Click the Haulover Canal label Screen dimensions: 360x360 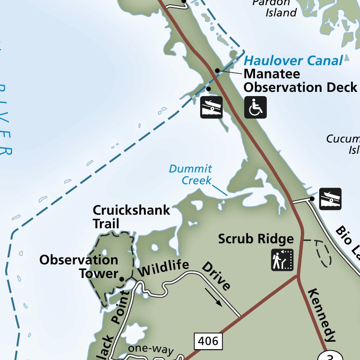pos(293,60)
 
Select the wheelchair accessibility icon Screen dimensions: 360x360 pos(255,107)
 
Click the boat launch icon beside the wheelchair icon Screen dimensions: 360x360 pos(211,107)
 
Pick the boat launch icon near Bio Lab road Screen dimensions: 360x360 pos(330,199)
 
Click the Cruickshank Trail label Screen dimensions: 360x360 pos(131,217)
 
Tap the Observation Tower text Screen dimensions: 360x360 pos(79,267)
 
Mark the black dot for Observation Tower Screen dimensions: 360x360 pos(122,279)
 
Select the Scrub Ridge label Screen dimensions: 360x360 pos(256,239)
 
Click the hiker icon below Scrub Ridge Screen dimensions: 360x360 pos(282,260)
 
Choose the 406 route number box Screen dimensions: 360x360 pos(208,341)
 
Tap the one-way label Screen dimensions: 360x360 pos(151,350)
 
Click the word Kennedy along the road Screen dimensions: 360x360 pos(322,314)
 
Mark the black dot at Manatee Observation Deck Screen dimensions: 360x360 pos(217,70)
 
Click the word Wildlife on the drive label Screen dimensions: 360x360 pos(164,269)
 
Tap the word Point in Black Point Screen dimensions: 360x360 pos(120,307)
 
